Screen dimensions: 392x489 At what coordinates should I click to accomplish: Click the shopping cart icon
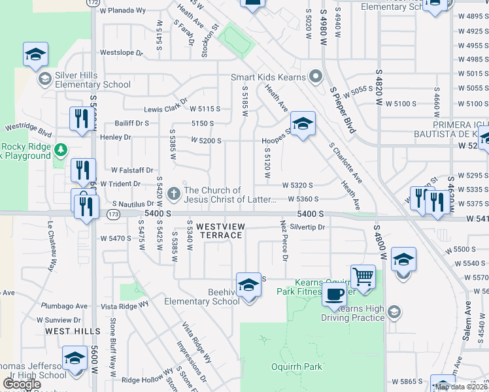[363, 276]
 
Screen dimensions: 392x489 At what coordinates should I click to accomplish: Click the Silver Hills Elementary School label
[93, 80]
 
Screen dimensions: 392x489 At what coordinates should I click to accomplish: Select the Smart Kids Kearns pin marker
[316, 77]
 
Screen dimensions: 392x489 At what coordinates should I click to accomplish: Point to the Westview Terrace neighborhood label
[220, 231]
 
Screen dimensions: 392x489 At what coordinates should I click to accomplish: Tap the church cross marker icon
[173, 194]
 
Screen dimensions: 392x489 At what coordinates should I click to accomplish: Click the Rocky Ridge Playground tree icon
[60, 150]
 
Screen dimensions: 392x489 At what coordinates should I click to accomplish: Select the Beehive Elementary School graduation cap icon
[248, 285]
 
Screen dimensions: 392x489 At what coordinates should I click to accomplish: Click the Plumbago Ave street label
[64, 306]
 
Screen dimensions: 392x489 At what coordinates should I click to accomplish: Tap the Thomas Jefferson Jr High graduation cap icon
[75, 359]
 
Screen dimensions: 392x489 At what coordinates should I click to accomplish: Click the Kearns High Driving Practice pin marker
[392, 312]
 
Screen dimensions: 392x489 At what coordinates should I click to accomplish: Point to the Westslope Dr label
[121, 52]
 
